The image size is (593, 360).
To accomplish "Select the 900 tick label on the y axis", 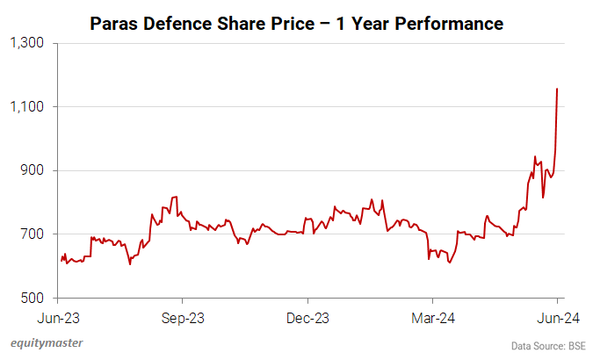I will [35, 170].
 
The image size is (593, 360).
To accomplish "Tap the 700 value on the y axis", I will [35, 234].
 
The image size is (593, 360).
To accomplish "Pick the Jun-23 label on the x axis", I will [61, 317].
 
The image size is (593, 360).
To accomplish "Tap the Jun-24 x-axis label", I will [558, 317].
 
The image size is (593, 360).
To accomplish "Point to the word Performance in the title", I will [453, 23].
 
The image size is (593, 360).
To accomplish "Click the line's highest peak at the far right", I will [558, 89].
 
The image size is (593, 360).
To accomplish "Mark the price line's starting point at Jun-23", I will [61, 261].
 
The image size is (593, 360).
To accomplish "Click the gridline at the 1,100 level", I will [307, 107].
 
